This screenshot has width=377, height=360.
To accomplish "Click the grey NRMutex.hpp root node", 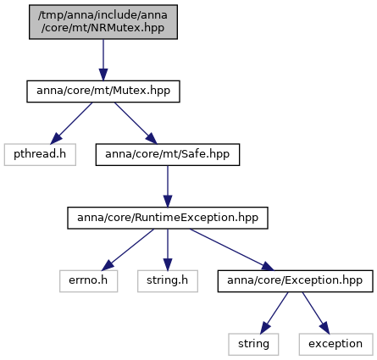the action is [x=103, y=22].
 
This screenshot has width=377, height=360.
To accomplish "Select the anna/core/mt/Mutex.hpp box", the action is [x=103, y=91].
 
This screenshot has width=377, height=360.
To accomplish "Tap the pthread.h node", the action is [x=40, y=154].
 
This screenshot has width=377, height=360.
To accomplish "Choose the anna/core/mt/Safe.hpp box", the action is [x=168, y=154].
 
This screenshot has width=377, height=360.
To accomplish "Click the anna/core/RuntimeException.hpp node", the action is [x=168, y=218].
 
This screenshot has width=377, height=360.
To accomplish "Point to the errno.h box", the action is [x=88, y=281].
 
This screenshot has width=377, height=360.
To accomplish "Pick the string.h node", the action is [x=168, y=281].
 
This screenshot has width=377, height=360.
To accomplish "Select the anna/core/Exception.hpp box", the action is [x=295, y=281].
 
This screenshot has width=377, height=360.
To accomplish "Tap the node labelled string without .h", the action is [x=253, y=344].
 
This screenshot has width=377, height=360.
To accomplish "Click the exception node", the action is [x=335, y=344].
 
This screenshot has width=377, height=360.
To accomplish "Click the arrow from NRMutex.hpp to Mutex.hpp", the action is [x=103, y=60].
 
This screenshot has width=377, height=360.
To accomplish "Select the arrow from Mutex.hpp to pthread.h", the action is [x=71, y=123].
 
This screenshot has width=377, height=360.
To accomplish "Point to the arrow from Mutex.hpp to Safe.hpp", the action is [x=136, y=123].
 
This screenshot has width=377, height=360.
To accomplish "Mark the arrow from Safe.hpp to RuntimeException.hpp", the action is [x=168, y=186].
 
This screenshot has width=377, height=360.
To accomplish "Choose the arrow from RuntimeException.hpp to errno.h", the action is [x=128, y=250].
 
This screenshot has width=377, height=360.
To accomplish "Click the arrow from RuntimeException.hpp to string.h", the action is [x=168, y=250].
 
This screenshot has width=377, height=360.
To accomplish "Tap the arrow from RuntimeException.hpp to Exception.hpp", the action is [x=232, y=250].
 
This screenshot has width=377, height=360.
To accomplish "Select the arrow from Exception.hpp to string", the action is [x=274, y=313].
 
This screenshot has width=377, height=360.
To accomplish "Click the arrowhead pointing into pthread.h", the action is [x=55, y=139].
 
